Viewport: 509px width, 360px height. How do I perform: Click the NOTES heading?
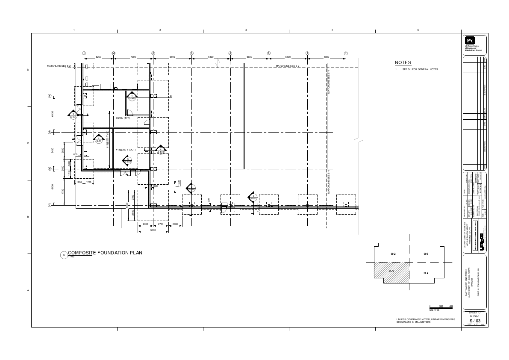coord(403,63)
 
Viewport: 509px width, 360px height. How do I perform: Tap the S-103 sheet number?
coord(474,321)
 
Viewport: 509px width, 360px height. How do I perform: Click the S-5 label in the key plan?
coord(426,254)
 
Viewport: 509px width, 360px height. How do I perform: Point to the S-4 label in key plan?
coord(426,273)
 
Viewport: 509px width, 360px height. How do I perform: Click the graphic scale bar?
coord(441,307)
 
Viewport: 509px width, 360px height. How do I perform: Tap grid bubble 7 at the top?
coord(346,53)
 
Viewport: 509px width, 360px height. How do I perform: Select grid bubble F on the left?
coord(50,96)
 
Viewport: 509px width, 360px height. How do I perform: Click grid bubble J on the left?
coord(50,205)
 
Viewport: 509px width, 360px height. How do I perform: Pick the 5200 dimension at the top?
coord(99,57)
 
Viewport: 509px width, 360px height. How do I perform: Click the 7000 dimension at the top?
coord(133,57)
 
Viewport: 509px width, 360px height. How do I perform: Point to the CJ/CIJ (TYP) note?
coord(123,118)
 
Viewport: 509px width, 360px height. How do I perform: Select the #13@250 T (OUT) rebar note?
coord(125,150)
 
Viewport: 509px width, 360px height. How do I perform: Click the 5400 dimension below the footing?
coord(153,230)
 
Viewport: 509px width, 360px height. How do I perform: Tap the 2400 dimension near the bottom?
coord(175,224)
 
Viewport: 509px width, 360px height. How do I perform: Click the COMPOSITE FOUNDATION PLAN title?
coord(105,253)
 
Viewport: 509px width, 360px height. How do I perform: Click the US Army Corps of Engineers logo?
coord(469,40)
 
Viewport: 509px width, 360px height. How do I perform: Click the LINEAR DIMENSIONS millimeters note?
coord(426,320)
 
